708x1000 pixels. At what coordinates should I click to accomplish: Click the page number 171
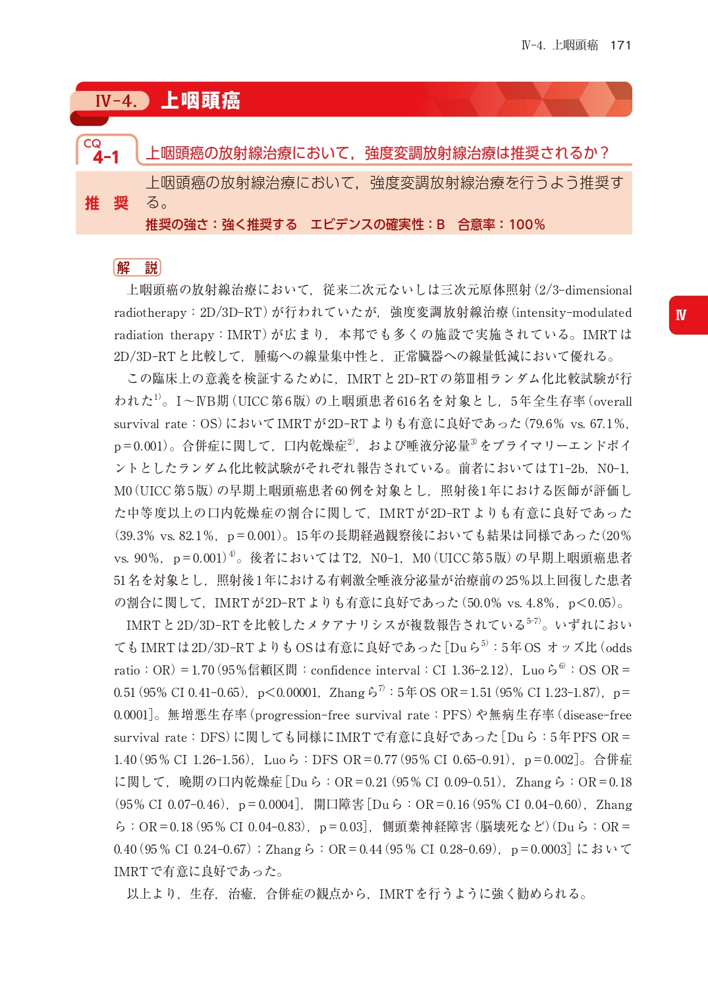click(x=620, y=45)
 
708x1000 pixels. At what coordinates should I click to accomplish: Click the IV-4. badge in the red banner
click(x=116, y=101)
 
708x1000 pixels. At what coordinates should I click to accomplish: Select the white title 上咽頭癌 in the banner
click(x=200, y=101)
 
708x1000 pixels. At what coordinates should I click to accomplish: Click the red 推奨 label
click(x=107, y=203)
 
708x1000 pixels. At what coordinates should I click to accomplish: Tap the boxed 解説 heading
click(x=137, y=267)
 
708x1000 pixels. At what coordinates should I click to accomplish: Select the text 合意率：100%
click(x=501, y=225)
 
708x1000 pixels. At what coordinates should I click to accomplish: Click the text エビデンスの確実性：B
click(x=377, y=225)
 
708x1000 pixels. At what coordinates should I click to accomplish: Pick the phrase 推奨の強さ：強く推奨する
click(x=221, y=225)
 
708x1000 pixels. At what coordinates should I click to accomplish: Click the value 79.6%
click(x=546, y=424)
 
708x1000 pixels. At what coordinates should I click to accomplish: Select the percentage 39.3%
click(x=136, y=536)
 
